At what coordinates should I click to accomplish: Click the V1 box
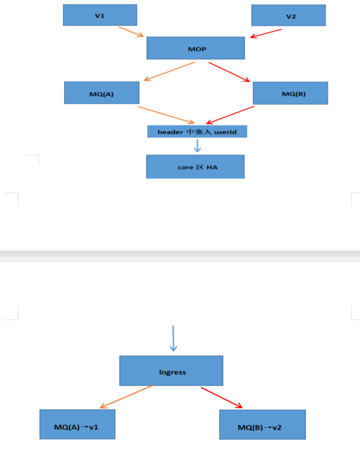100,15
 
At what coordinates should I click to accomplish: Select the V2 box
288,15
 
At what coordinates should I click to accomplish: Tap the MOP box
195,48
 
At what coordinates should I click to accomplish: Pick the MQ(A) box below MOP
101,93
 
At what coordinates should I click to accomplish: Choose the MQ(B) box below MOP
290,93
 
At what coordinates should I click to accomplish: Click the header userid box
197,132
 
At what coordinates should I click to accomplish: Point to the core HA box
195,166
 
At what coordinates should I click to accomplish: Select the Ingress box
171,371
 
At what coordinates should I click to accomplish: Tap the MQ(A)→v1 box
77,424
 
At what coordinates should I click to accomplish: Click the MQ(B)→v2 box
262,425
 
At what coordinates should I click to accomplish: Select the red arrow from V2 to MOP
266,33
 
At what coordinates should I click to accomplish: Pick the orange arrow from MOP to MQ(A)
169,72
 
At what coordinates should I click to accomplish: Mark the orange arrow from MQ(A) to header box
166,114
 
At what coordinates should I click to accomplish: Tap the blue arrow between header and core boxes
198,145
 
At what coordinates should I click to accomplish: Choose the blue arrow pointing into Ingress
173,338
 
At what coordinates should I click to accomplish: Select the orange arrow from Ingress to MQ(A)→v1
126,397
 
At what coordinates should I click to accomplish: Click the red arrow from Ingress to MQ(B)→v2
222,397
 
